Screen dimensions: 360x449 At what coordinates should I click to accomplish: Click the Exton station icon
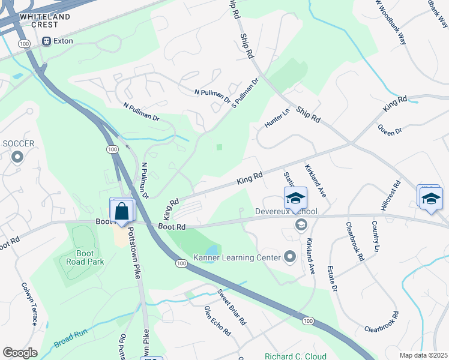click(x=46, y=41)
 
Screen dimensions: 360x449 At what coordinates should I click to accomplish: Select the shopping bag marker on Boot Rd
click(x=122, y=211)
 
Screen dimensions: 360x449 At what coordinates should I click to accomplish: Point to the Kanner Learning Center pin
click(x=291, y=257)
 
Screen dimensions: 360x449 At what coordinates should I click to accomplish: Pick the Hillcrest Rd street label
click(x=390, y=196)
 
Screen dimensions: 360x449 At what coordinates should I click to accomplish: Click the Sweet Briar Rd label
click(x=232, y=307)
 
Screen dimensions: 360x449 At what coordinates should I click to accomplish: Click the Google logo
click(x=20, y=353)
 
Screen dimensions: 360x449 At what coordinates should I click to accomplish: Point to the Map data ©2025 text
click(x=423, y=355)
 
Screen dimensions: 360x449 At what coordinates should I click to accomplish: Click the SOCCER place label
click(x=18, y=144)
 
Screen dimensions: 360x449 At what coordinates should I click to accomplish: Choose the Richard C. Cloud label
click(x=296, y=356)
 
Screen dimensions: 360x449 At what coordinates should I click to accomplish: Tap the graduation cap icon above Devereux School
click(x=295, y=197)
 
